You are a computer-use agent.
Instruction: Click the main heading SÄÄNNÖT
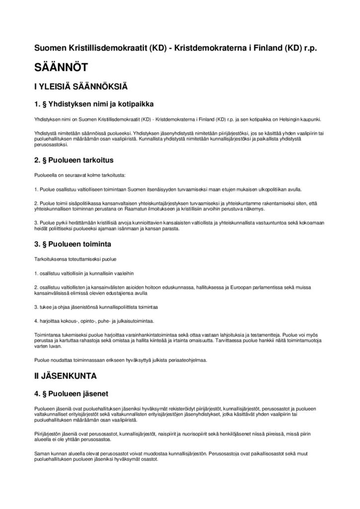(x=61, y=68)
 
